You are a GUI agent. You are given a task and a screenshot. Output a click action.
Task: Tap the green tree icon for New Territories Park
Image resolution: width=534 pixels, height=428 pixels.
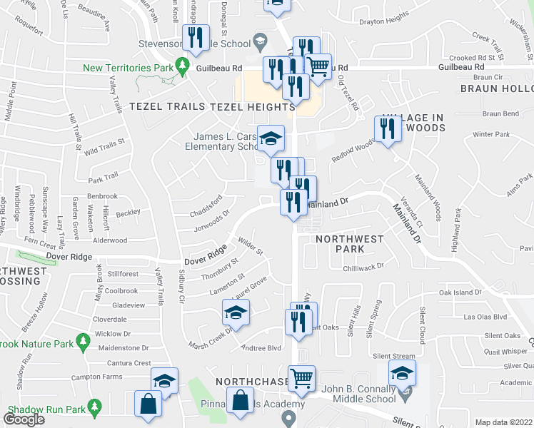183,66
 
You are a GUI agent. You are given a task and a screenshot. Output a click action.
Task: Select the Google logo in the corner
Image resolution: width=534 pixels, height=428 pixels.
24,419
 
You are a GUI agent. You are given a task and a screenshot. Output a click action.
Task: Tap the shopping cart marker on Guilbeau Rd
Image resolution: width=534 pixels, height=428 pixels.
318,68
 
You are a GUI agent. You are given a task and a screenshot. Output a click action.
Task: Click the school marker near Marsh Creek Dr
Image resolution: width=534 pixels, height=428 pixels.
235,313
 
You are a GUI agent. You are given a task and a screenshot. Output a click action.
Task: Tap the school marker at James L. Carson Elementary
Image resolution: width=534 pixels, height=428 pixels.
271,139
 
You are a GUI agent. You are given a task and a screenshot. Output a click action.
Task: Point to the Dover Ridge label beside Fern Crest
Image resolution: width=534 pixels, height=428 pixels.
68,255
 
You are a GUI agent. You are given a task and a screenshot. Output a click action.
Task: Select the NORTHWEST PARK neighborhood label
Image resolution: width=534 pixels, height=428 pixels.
350,244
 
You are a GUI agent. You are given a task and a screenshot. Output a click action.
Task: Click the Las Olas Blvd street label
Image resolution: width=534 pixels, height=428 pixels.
485,317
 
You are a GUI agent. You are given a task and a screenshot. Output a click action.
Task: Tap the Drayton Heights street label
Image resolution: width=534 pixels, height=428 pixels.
385,16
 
